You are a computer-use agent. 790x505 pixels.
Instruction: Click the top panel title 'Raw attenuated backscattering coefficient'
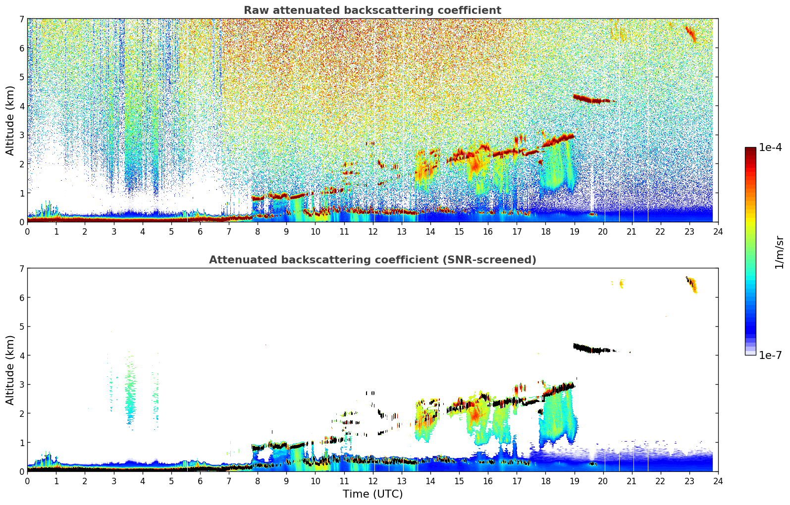[372, 10]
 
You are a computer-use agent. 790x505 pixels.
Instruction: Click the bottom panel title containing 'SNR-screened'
[372, 260]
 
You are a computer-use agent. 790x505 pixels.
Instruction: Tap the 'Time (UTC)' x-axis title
[372, 494]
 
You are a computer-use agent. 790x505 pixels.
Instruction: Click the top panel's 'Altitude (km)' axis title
[10, 120]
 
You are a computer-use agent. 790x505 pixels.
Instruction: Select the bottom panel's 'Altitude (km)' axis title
[10, 370]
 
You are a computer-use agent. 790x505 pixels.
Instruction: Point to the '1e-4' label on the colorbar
[770, 148]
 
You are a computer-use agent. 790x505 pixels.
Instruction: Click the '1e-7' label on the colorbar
[770, 355]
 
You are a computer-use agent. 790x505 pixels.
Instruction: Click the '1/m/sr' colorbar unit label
[779, 252]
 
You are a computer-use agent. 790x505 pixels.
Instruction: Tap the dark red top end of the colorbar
[750, 150]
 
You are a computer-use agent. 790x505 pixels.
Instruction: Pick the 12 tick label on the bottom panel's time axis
[372, 481]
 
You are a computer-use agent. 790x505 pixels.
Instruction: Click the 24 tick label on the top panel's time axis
[718, 232]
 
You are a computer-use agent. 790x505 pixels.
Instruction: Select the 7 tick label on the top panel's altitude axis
[22, 19]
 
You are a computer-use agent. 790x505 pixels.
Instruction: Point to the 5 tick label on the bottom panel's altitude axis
[22, 327]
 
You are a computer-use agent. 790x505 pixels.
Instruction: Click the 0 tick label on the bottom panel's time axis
[27, 481]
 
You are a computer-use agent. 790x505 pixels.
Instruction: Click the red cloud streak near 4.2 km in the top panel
[592, 100]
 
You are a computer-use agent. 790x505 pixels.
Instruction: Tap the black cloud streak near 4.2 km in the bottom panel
[592, 350]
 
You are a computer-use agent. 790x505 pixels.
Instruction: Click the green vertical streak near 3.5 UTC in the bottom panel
[130, 391]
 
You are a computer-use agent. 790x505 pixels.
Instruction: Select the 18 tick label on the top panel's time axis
[545, 232]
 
